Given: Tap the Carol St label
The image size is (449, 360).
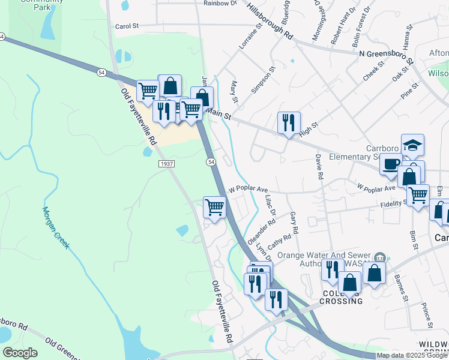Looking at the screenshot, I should coord(127,26).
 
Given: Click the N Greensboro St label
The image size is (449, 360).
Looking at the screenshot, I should coord(387,57).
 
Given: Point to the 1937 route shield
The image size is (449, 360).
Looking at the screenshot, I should coord(167,164).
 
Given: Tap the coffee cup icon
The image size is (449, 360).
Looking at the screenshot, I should coord(391,163).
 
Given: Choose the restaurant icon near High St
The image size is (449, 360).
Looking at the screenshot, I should coord(289,123).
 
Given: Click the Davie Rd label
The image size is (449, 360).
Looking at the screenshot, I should coord(319,168).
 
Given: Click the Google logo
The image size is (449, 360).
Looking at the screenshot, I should coord(19,353).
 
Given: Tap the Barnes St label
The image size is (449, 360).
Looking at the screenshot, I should coord(401,287).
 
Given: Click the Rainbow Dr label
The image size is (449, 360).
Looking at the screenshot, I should coord(220,3).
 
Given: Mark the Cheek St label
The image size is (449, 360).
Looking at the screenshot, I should coord(377,70).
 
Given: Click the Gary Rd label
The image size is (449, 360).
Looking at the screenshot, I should coord(294,222).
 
